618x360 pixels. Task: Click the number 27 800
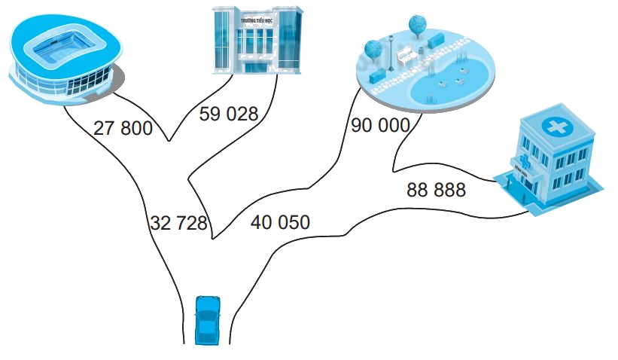123,128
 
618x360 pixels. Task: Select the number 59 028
228,114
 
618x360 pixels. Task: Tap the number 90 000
380,125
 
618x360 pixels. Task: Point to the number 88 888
436,190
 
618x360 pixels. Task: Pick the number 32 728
178,223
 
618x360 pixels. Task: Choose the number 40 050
280,222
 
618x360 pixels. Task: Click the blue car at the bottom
207,319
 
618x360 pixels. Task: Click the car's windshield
207,310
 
